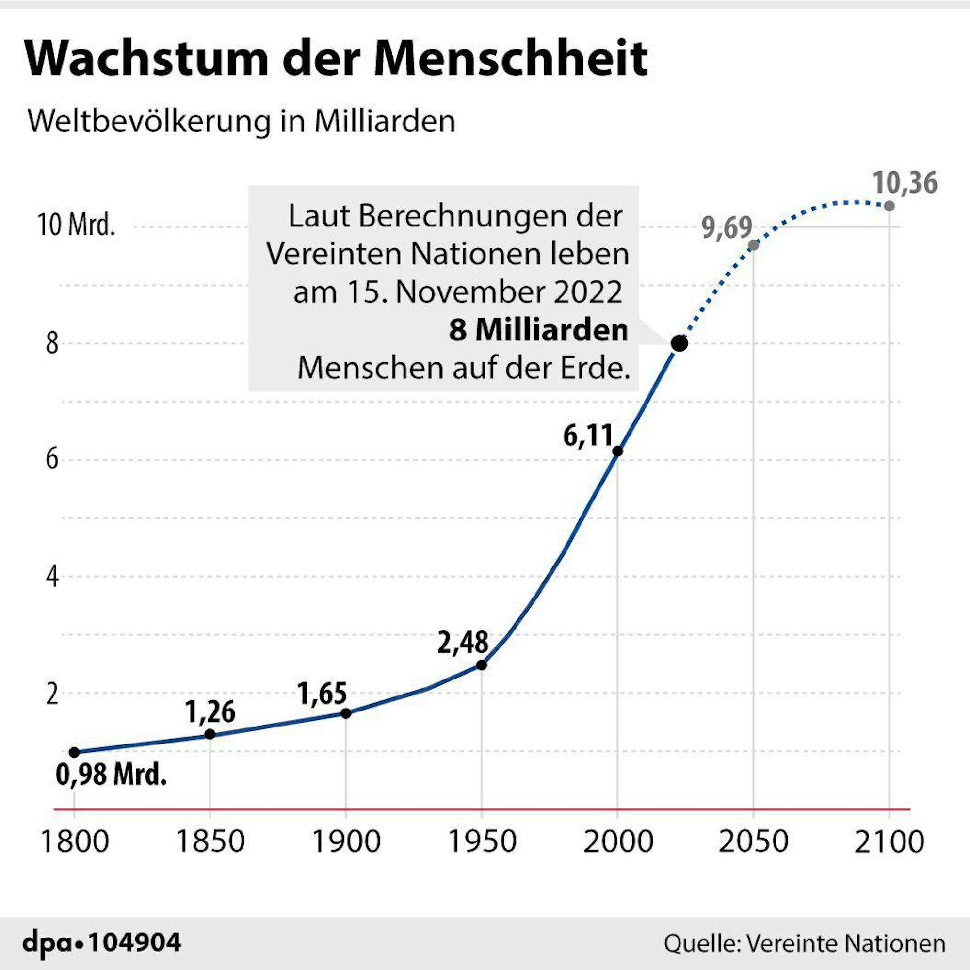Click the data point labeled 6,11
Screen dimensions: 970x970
(617, 452)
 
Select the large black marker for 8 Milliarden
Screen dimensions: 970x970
(679, 343)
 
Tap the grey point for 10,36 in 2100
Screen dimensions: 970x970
(889, 206)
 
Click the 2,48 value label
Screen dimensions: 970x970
(462, 643)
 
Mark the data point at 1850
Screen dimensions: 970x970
(210, 734)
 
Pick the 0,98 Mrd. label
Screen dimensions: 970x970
(111, 774)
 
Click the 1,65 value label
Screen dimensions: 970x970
(322, 694)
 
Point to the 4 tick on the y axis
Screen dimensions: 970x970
(52, 577)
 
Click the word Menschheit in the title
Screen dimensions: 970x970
(511, 59)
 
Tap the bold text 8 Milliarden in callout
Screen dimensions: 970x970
(538, 330)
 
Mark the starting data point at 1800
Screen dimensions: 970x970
(74, 752)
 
